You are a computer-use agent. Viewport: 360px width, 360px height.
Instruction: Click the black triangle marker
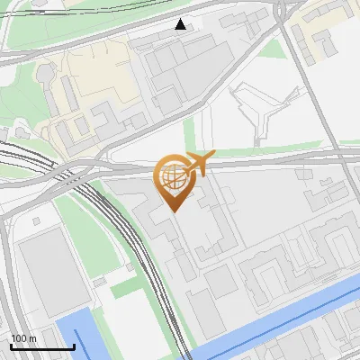(x=181, y=24)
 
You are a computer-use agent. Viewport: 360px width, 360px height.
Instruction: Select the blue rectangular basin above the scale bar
(x=75, y=337)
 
